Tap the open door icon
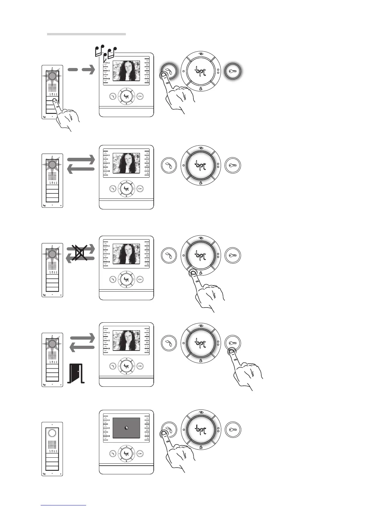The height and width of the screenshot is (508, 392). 76,374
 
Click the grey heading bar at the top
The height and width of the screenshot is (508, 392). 86,34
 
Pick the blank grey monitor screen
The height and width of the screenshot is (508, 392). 126,428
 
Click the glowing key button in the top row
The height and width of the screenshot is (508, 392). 233,71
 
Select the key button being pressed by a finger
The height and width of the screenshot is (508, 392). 233,343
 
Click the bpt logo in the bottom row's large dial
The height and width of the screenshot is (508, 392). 201,430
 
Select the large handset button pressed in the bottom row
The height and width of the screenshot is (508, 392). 169,430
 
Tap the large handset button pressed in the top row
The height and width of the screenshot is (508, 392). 169,71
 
